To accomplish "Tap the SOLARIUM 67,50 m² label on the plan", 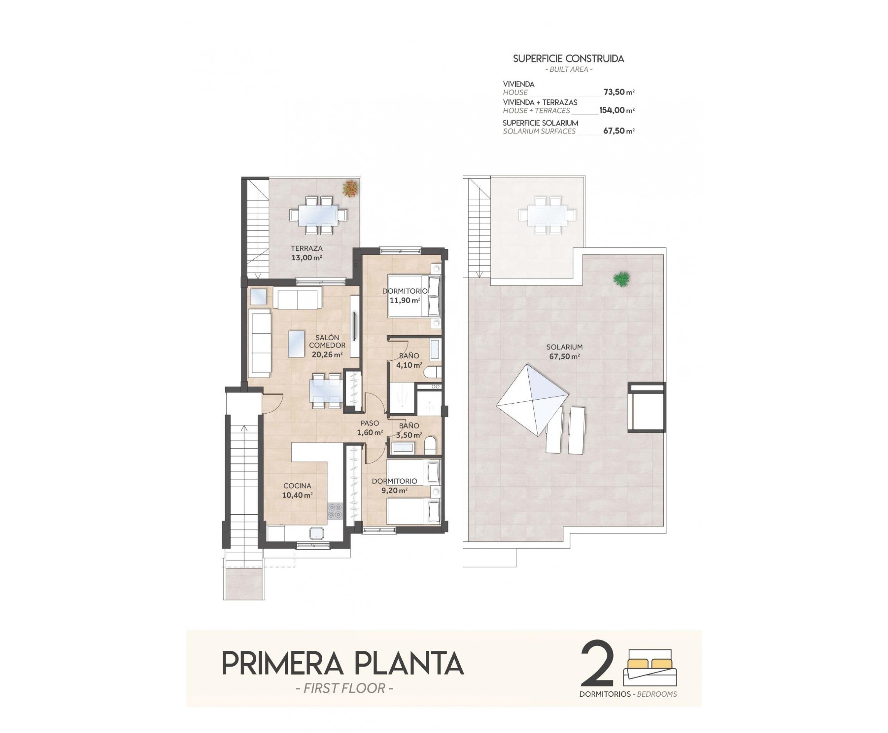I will point(564,351).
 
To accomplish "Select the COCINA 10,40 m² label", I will point(297,490).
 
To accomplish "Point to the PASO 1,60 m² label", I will point(370,427).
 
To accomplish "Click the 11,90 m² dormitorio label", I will point(405,296).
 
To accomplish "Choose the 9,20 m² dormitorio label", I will point(394,486).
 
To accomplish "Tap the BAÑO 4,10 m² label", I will point(409,360).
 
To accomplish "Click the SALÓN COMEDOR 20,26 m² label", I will point(327,345).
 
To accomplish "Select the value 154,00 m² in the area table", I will point(617,110).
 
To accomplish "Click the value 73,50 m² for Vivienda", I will point(619,92).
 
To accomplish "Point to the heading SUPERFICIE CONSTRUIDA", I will point(568,59).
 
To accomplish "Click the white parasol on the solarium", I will point(532,399).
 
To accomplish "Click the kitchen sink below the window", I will point(316,533).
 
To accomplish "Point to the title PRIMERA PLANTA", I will point(343,663).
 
